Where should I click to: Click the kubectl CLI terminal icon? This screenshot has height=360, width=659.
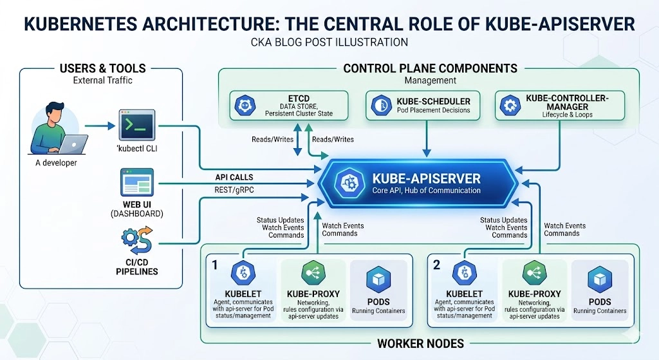[137, 125]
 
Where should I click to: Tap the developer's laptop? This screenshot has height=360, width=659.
[73, 144]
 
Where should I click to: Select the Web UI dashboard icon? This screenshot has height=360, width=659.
[137, 182]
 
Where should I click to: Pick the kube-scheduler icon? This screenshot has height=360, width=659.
[381, 105]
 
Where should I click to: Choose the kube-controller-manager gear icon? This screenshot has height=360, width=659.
[510, 105]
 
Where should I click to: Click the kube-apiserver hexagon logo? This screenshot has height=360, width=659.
[349, 184]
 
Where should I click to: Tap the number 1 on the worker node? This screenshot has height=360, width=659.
[215, 265]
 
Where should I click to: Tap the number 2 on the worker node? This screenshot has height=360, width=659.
[437, 265]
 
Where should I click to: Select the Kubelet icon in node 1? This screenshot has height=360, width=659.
[243, 273]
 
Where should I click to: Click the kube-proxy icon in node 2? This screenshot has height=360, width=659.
[534, 273]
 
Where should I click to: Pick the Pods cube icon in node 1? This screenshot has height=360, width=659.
[378, 279]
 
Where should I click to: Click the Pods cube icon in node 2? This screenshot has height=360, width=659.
[600, 279]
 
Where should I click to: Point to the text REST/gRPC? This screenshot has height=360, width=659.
[234, 190]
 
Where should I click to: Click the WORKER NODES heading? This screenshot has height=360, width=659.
[421, 344]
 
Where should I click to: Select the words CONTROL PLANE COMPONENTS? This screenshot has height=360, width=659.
[431, 68]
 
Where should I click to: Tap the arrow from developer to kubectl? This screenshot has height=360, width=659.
[100, 126]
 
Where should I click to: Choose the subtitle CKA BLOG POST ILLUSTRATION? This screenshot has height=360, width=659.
[329, 43]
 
